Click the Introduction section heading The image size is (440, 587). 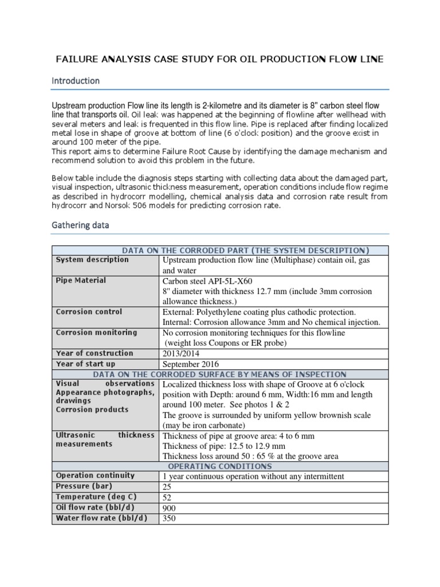click(x=76, y=81)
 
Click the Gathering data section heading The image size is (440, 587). click(x=80, y=225)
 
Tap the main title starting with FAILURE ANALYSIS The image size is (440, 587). click(x=219, y=59)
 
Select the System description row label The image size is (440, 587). click(x=92, y=260)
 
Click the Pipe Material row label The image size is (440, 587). click(x=81, y=280)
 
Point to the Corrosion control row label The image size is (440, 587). click(x=89, y=312)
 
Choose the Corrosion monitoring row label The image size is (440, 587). click(x=96, y=332)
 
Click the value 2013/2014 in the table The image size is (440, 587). click(x=184, y=354)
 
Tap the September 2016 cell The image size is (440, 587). click(x=191, y=364)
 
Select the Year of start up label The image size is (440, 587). click(x=85, y=364)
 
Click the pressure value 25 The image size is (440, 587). click(x=168, y=487)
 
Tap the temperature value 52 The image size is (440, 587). click(x=168, y=498)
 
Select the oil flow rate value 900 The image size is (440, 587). click(x=170, y=508)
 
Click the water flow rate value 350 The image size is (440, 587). click(x=170, y=519)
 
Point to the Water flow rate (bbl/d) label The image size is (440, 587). click(x=101, y=518)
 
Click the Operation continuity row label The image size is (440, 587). click(x=95, y=475)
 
